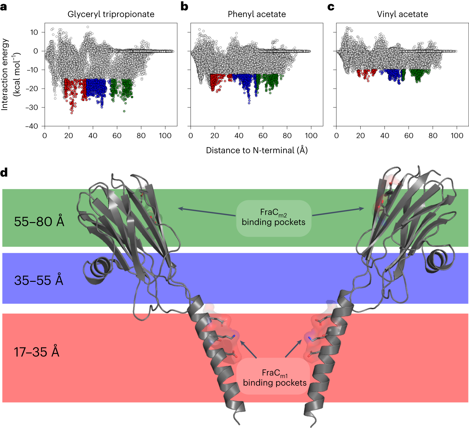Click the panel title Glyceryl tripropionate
[x=111, y=14]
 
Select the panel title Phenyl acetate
[x=257, y=14]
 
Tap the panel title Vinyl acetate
[x=402, y=14]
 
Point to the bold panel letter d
[x=4, y=173]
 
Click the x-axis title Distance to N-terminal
[x=257, y=150]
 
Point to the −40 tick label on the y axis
[x=32, y=126]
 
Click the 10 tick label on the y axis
[x=34, y=32]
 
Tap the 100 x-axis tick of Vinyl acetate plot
[x=457, y=136]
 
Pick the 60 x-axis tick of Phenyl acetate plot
[x=263, y=136]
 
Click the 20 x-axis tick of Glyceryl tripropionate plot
[x=69, y=136]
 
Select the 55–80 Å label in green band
[x=39, y=222]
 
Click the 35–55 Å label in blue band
[x=39, y=280]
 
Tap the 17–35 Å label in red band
[x=36, y=352]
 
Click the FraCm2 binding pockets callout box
[x=273, y=218]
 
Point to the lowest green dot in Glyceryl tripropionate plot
[x=124, y=111]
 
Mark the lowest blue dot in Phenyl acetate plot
[x=249, y=103]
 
